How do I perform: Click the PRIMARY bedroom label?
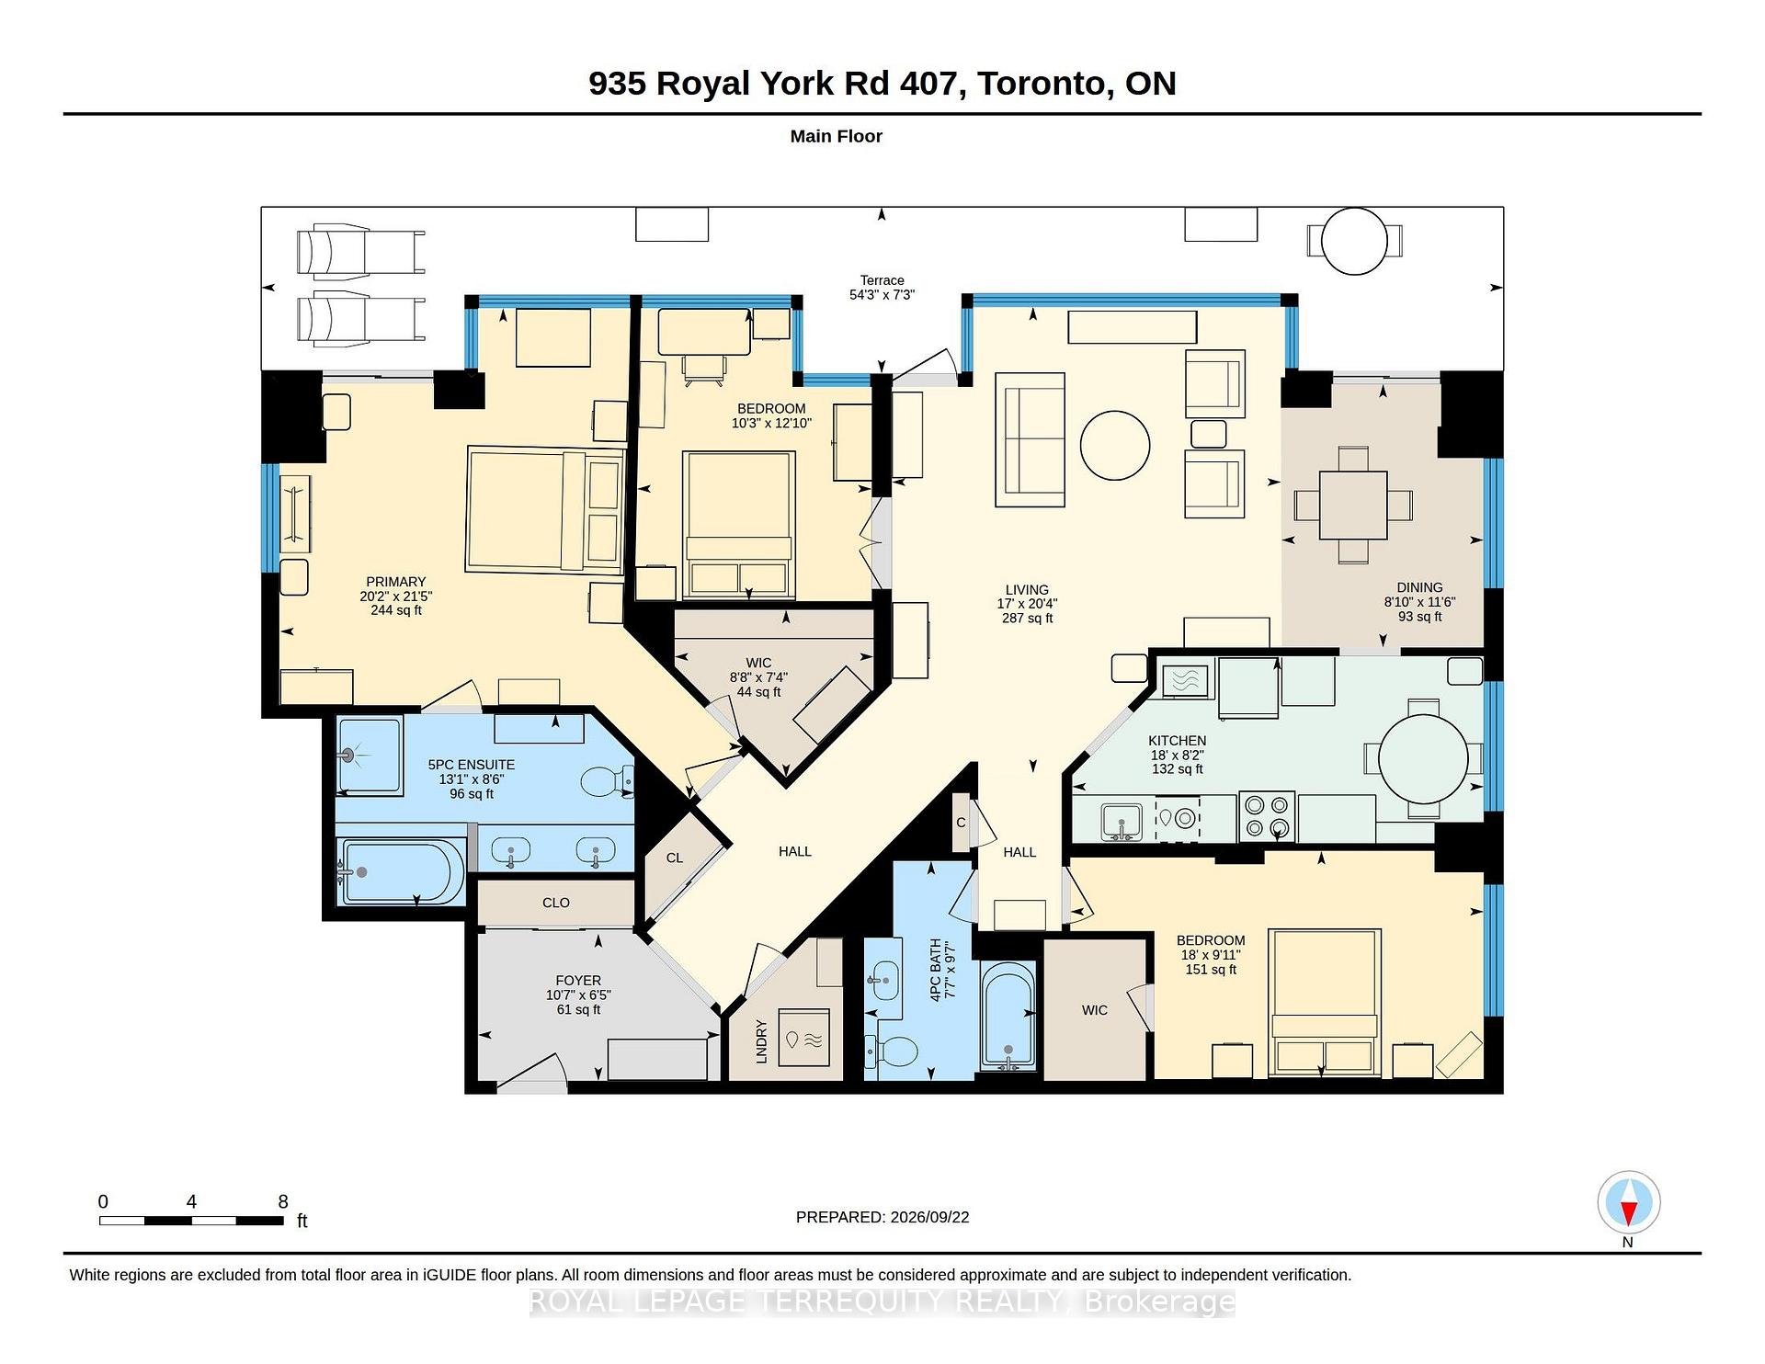395,582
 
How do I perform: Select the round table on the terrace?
1354,241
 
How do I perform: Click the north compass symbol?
1628,1202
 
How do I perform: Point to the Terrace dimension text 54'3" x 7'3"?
882,295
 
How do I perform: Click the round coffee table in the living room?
1114,445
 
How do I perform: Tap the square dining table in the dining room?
1353,505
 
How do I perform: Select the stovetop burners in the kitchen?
1267,816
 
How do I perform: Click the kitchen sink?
1122,822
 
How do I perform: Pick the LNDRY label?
761,1041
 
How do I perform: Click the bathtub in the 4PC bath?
1008,1016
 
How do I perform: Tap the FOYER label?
578,981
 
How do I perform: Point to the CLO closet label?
556,903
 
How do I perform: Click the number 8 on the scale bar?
283,1201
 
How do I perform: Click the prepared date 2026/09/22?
929,1217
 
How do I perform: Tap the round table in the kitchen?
1423,759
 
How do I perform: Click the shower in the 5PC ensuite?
370,756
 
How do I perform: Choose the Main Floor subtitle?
837,136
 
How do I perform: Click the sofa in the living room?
1030,439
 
